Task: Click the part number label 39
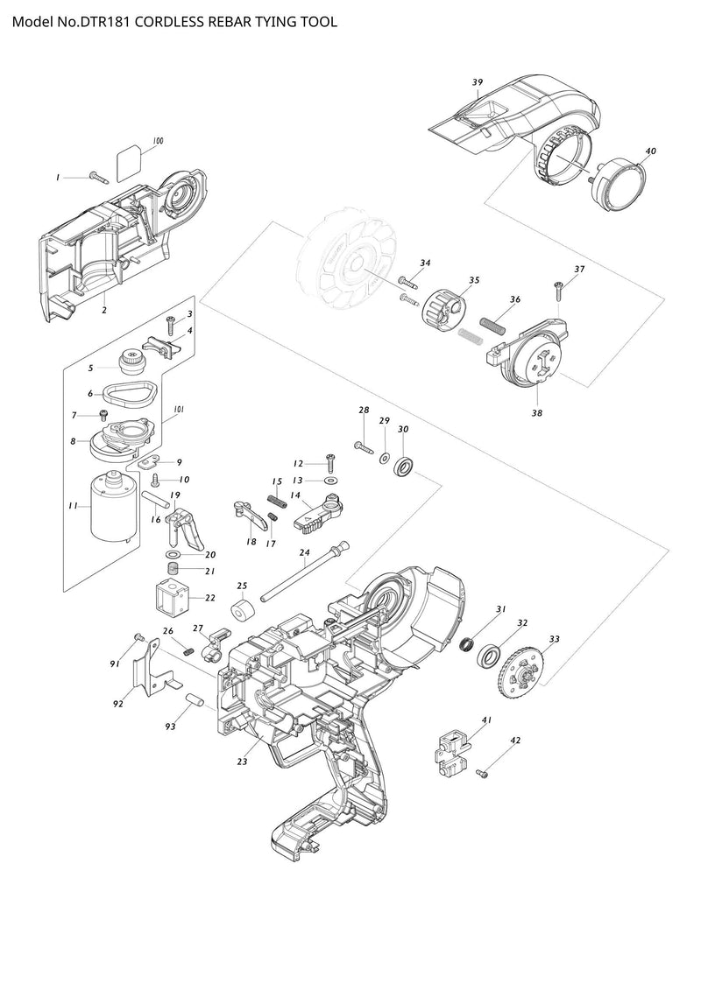(x=478, y=82)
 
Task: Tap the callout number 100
(x=158, y=141)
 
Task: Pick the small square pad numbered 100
(x=131, y=160)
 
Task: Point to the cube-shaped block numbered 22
(x=173, y=600)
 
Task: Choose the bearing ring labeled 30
(x=406, y=467)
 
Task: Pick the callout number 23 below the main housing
(x=242, y=762)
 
